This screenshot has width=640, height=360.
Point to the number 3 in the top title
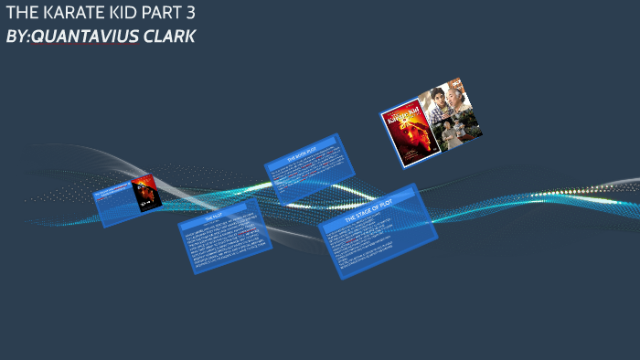point(189,14)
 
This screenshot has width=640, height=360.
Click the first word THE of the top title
point(19,14)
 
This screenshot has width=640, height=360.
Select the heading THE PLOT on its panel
point(213,218)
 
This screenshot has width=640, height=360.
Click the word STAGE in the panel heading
point(368,218)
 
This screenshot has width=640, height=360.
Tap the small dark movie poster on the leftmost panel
point(145,194)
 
